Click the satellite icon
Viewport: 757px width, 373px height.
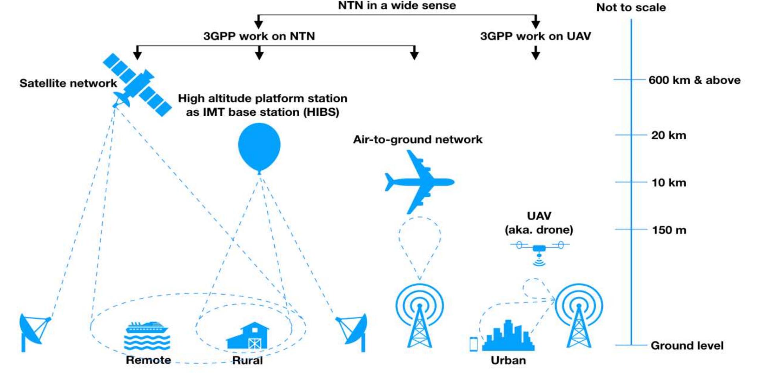click(x=137, y=85)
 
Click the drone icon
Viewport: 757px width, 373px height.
click(x=539, y=249)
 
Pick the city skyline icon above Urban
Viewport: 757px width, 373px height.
click(x=508, y=337)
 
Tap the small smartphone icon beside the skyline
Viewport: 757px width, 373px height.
click(x=474, y=344)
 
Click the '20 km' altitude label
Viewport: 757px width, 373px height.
click(x=668, y=135)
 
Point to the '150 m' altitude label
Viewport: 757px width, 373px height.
click(x=669, y=230)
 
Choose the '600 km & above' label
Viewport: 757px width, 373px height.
click(x=694, y=80)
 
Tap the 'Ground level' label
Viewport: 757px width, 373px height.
click(x=687, y=346)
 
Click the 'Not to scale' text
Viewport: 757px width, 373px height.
click(x=631, y=7)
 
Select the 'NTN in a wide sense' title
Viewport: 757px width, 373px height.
click(x=397, y=6)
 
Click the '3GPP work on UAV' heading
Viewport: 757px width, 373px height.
click(x=535, y=36)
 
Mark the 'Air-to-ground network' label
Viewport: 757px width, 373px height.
click(x=418, y=139)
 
